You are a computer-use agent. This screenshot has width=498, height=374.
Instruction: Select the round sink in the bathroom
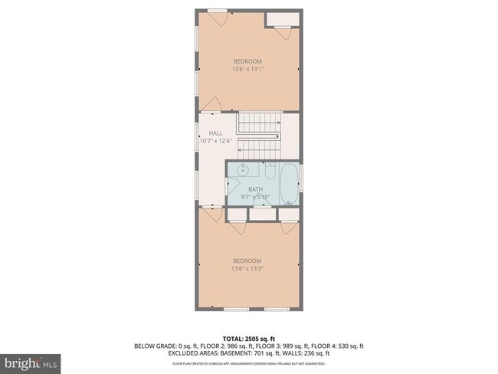click(x=241, y=171)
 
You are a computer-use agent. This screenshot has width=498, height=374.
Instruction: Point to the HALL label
click(x=215, y=133)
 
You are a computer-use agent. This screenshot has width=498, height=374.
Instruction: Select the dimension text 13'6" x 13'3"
click(x=247, y=269)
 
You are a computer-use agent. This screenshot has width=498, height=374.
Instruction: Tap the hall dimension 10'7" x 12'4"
click(x=215, y=141)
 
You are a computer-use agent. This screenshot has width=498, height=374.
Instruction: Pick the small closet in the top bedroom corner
click(x=281, y=19)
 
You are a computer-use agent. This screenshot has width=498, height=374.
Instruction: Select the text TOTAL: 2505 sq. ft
click(x=248, y=337)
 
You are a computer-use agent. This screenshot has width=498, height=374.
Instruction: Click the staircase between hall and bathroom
click(x=259, y=134)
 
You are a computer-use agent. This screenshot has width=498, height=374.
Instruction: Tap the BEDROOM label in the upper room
click(x=247, y=61)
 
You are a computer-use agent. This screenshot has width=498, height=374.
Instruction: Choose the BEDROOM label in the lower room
click(x=247, y=261)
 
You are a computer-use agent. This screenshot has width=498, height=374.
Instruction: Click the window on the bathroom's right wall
click(x=301, y=178)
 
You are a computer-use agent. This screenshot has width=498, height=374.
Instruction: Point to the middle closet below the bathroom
click(x=263, y=215)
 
